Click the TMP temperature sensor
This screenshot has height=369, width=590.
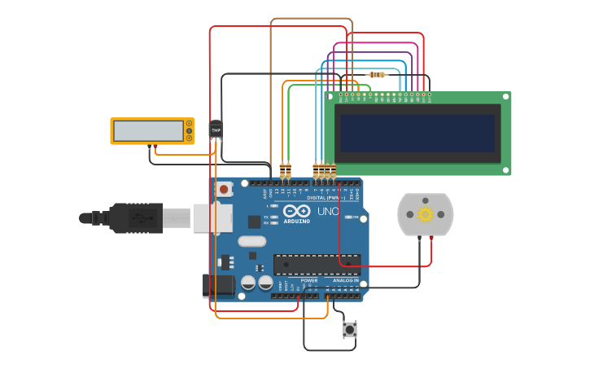point(216,130)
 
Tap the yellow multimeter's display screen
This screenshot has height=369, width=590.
point(148,130)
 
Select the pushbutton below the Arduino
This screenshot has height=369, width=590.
point(350,330)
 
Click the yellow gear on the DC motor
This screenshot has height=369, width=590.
point(425,214)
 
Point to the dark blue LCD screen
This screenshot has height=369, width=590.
point(417,133)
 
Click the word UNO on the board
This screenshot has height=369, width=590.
point(328,212)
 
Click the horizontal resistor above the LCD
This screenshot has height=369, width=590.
point(377,75)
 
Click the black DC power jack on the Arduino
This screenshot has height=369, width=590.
point(218,285)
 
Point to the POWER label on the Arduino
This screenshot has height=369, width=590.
point(309,280)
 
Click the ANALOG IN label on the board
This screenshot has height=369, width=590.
point(344,280)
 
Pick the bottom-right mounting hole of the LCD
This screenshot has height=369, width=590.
point(505,170)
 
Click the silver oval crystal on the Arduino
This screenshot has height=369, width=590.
point(252,241)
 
